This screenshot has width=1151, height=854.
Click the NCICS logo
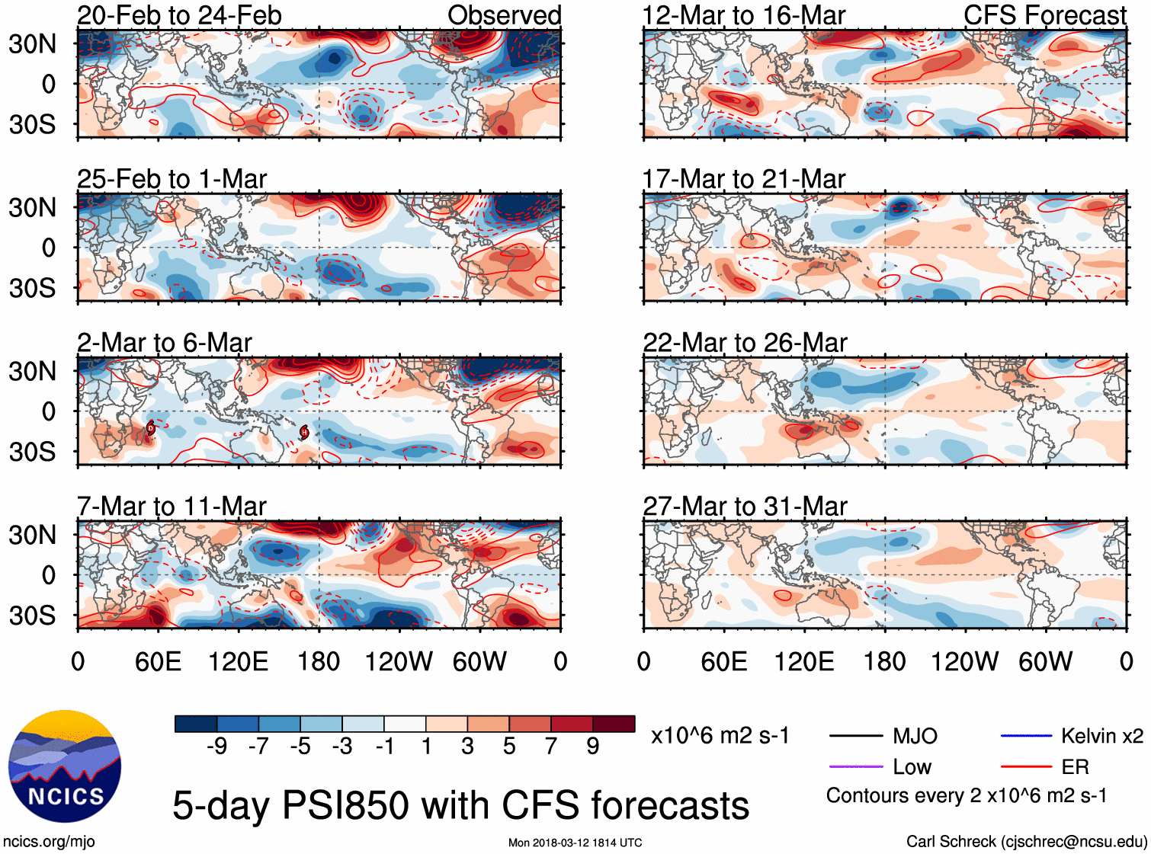(x=64, y=766)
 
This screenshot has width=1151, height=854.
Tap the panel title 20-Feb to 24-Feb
(x=179, y=15)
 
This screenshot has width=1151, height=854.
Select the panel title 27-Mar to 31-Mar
(x=745, y=507)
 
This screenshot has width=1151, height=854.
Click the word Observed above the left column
(x=504, y=15)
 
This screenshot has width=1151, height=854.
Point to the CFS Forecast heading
(x=1044, y=15)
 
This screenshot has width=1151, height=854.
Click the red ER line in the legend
(x=1026, y=767)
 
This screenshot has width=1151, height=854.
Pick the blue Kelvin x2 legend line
(x=1026, y=736)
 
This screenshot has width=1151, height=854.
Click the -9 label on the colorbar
(x=216, y=747)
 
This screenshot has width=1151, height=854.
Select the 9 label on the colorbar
(x=593, y=747)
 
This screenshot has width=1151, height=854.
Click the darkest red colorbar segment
(x=614, y=724)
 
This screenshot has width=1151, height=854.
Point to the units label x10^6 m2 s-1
(x=720, y=736)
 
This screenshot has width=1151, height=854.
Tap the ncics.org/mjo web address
(x=49, y=842)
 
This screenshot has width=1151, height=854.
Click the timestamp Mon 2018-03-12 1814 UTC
(x=575, y=843)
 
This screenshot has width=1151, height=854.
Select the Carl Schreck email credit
(x=1026, y=842)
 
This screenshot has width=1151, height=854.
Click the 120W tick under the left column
(x=399, y=661)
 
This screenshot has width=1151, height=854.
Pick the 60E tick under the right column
(x=723, y=661)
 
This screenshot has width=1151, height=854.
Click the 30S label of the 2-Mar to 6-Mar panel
(x=32, y=452)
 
